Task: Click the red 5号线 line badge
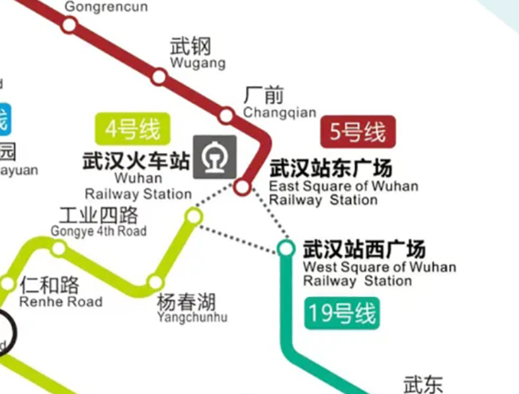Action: coord(358,132)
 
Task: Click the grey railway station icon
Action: coord(214,157)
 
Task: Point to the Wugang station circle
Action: coord(159,77)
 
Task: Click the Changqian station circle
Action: coord(226,116)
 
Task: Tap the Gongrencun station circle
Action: coord(69,25)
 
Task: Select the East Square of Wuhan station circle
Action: coord(243,187)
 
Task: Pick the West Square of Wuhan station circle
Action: coord(286,248)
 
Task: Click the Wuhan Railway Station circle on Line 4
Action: coord(193,216)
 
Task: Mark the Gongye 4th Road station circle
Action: coord(59,248)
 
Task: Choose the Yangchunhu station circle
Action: coord(155,282)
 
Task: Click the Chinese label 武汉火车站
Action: coord(136,161)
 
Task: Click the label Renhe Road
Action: coord(61,302)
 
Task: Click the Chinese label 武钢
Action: coord(190,47)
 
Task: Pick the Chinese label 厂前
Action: coord(264,96)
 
